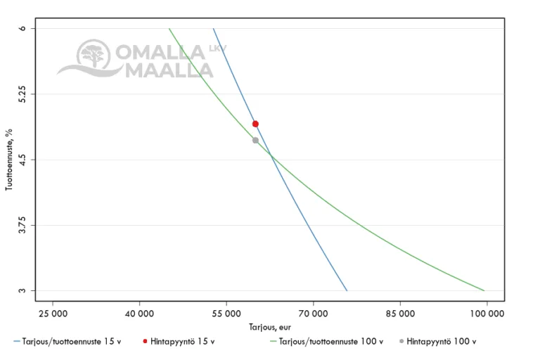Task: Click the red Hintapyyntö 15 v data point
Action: click(x=255, y=124)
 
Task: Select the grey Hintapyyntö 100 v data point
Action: click(x=255, y=140)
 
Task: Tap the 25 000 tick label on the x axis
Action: click(x=52, y=311)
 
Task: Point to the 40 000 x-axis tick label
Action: click(x=139, y=311)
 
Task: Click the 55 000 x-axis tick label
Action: click(x=226, y=311)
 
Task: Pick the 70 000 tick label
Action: click(x=313, y=311)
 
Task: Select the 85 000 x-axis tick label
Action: click(x=400, y=311)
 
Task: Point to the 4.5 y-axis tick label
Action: click(x=25, y=160)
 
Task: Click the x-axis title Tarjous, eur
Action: click(x=269, y=327)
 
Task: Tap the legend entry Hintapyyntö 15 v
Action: click(x=182, y=342)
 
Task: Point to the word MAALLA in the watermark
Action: click(x=169, y=70)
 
